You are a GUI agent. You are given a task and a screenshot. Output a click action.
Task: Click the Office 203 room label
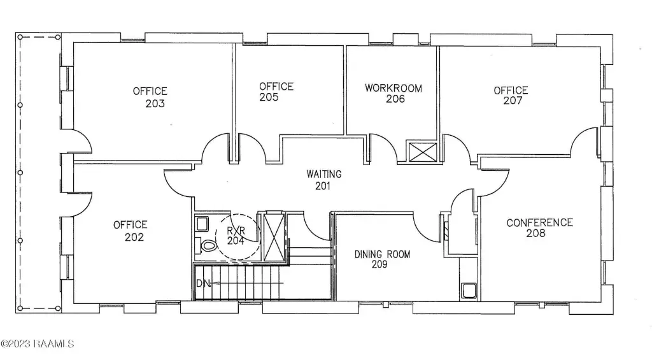tap(150, 97)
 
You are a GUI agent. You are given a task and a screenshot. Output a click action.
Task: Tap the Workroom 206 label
tap(393, 93)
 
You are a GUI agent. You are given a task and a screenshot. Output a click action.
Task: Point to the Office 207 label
tap(511, 96)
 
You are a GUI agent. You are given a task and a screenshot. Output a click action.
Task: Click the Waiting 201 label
tap(323, 180)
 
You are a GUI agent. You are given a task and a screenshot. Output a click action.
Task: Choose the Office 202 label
tap(131, 231)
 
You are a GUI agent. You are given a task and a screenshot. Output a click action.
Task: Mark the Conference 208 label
tap(539, 227)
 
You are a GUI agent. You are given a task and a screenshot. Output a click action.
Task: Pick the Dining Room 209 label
tap(382, 259)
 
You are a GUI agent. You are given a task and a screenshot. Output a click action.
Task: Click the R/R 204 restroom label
tap(236, 235)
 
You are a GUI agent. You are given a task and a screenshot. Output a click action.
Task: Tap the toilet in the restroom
tap(208, 245)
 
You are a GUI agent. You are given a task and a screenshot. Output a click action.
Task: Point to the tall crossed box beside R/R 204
tap(273, 235)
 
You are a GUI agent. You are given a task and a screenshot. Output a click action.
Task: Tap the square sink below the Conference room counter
tap(469, 291)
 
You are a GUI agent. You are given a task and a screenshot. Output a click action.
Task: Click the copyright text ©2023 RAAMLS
tap(38, 344)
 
